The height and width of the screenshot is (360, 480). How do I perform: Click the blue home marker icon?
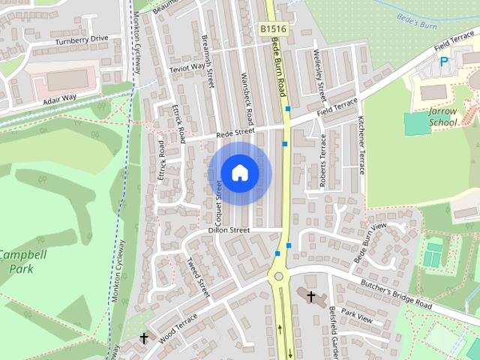tap(239, 172)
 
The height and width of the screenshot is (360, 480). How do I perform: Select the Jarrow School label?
tap(442, 115)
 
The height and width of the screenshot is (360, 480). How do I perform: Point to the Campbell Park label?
tap(22, 262)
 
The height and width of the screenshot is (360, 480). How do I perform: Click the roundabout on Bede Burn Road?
tap(280, 276)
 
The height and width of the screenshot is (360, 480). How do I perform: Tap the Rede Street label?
tap(235, 133)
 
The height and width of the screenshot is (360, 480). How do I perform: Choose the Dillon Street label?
tap(229, 230)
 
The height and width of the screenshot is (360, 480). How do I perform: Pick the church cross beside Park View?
tap(310, 296)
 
